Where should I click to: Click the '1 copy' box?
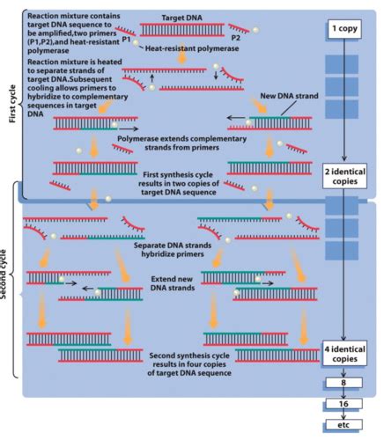click(x=344, y=29)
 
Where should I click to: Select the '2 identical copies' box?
click(x=344, y=176)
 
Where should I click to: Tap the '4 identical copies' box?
click(x=344, y=354)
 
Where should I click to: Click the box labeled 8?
click(x=343, y=383)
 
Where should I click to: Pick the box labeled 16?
click(x=343, y=404)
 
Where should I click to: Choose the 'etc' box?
click(x=343, y=425)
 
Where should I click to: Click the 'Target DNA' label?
click(x=182, y=18)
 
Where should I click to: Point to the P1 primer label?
click(x=126, y=39)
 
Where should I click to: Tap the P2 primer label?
click(x=235, y=38)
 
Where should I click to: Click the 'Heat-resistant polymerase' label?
click(x=192, y=48)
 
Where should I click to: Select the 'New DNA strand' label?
click(x=289, y=96)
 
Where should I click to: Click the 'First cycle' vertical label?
click(x=12, y=104)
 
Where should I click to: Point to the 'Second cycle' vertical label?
click(x=4, y=275)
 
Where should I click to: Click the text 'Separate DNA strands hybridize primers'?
click(x=173, y=250)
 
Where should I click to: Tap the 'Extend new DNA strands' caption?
click(x=173, y=283)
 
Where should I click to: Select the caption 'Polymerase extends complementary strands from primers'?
click(x=181, y=143)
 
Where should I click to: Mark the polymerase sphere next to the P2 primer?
click(x=255, y=30)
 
